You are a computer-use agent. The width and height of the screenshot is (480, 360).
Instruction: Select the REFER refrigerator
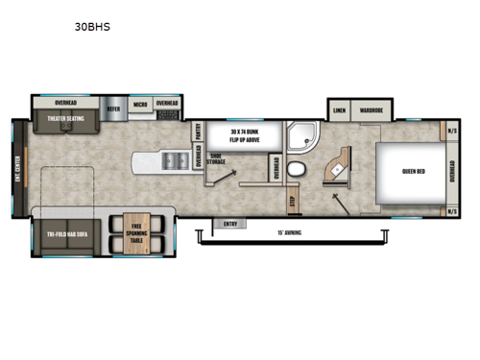tap(113, 108)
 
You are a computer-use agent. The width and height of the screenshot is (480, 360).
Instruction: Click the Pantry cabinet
tap(198, 132)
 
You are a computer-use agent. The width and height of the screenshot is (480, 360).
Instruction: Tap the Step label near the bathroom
tap(294, 202)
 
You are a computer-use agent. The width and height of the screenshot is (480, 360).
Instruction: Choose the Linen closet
tap(338, 110)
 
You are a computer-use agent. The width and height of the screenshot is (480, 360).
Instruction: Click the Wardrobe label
tap(372, 110)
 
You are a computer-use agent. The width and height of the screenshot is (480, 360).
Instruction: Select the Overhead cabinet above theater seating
tap(65, 101)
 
